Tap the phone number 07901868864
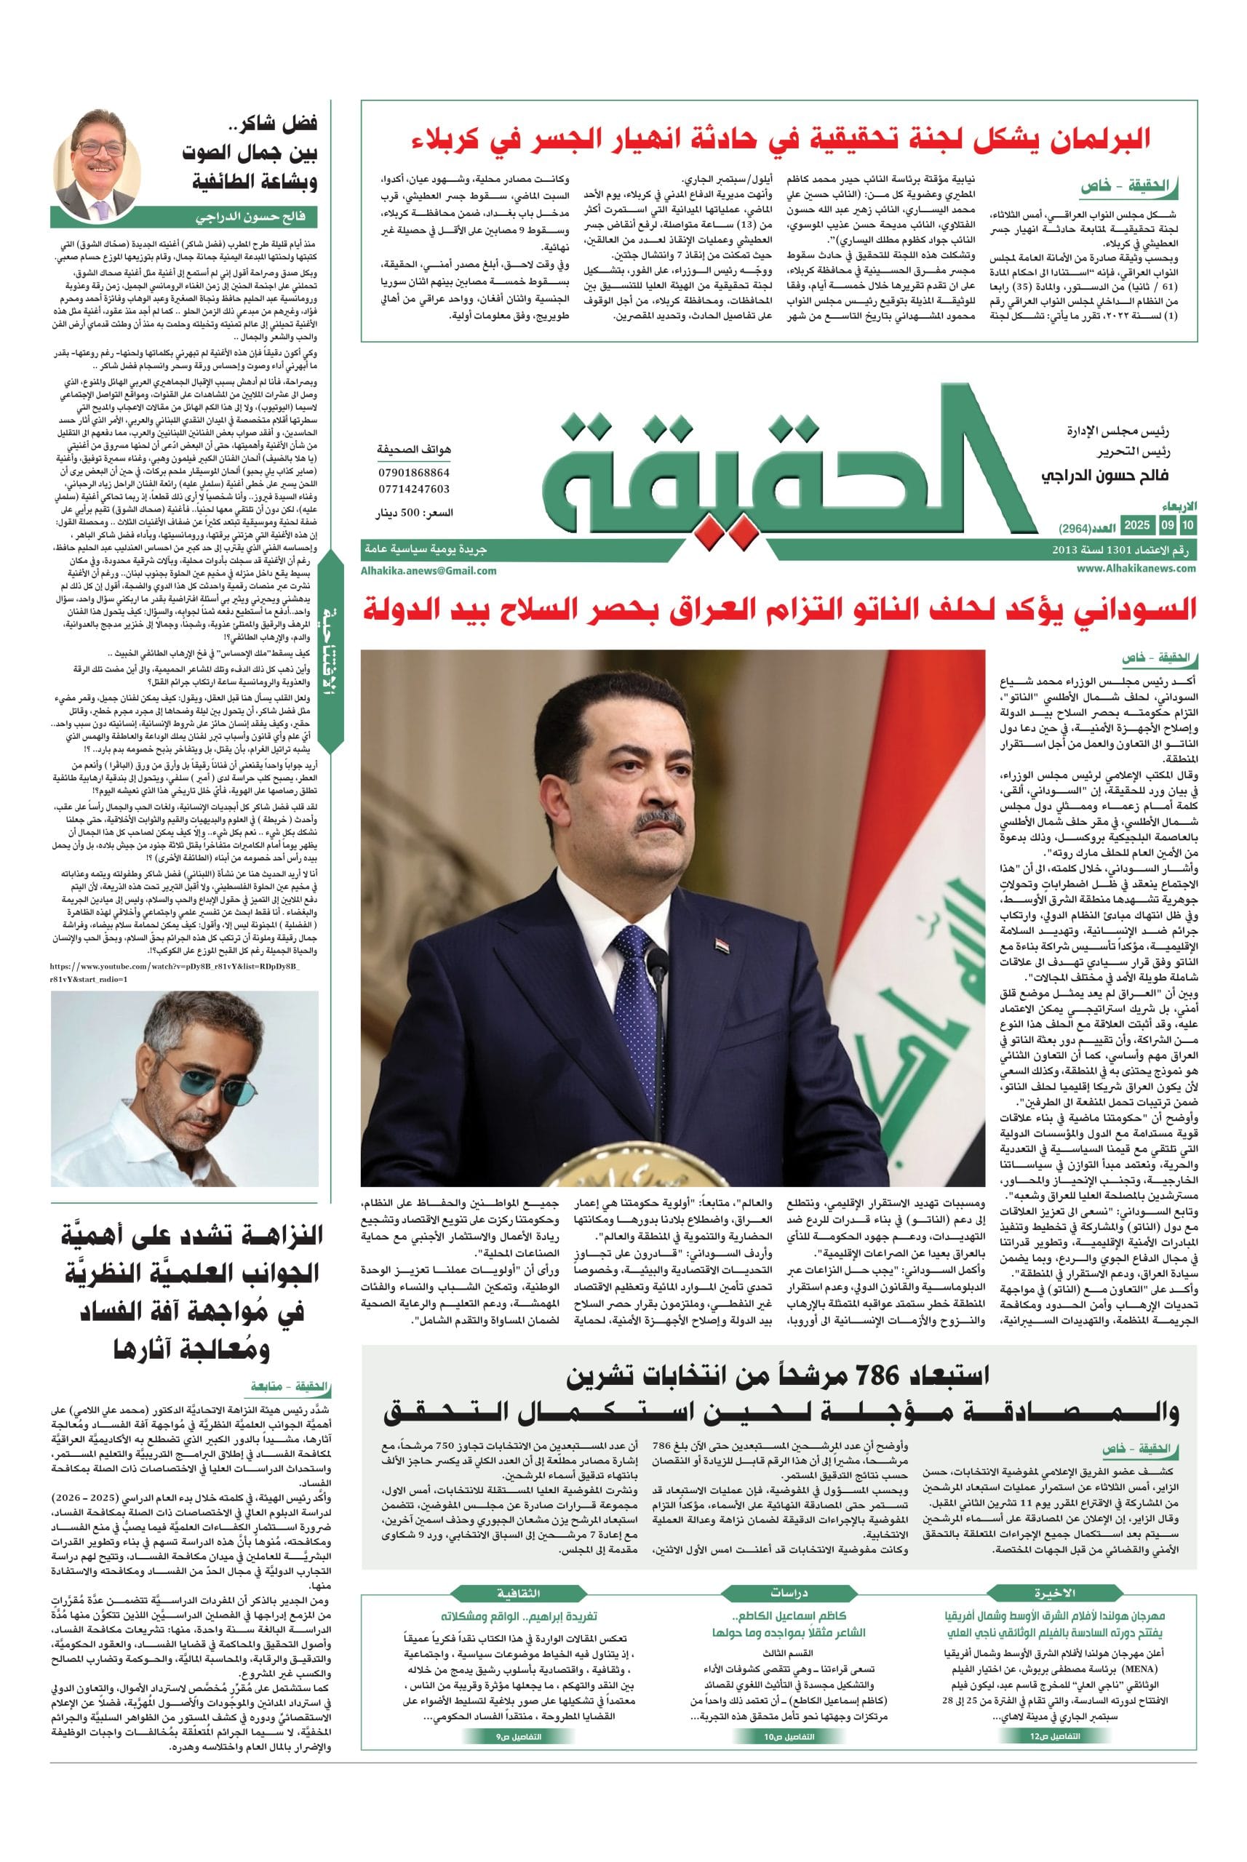(413, 473)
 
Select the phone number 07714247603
(413, 489)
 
